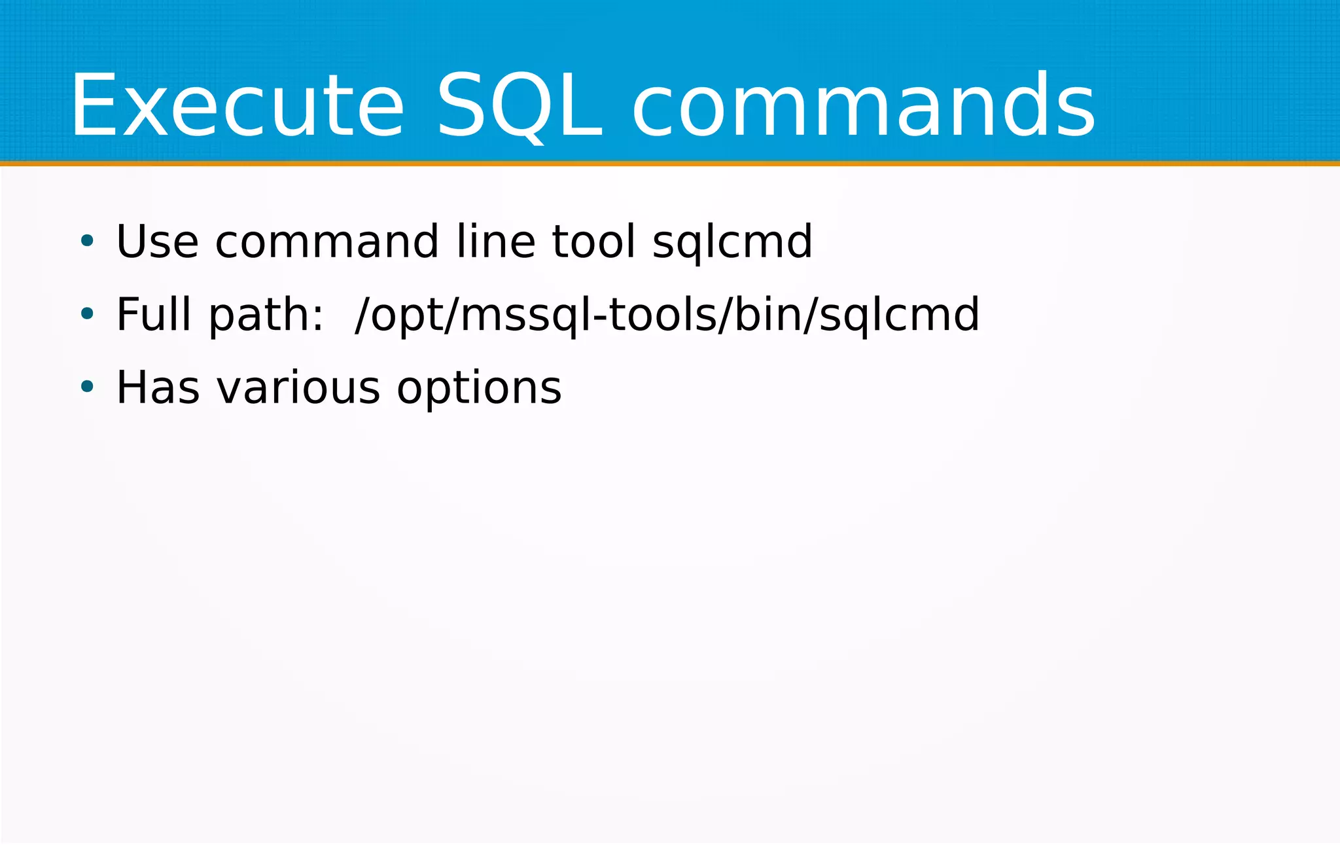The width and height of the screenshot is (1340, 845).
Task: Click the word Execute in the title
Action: click(237, 106)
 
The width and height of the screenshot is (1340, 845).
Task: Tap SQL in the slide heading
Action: click(518, 106)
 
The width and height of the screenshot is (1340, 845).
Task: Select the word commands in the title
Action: click(864, 106)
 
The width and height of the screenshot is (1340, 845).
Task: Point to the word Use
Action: click(157, 242)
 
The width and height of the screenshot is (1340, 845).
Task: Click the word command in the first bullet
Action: click(326, 242)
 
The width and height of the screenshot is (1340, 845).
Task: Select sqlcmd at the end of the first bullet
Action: click(732, 243)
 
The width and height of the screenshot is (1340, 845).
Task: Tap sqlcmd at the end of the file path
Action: click(899, 315)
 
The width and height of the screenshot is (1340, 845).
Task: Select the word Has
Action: click(158, 387)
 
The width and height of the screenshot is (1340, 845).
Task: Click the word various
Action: click(298, 387)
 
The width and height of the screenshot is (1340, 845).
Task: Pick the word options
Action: click(479, 389)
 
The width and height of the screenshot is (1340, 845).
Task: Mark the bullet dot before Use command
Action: click(87, 242)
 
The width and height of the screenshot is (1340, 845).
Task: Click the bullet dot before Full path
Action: click(87, 314)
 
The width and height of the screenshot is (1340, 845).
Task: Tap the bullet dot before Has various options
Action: click(87, 387)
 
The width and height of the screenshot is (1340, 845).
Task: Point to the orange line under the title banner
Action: click(670, 163)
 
